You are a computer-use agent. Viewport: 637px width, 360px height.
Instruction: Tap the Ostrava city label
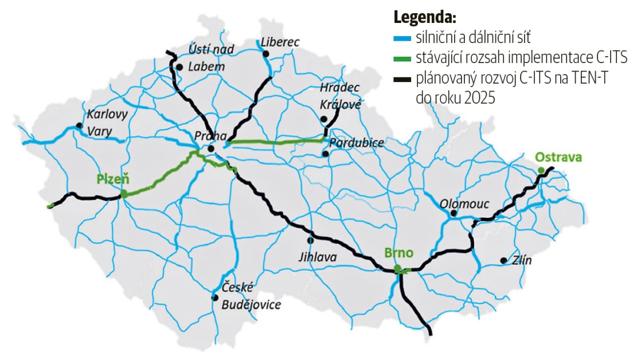point(558,156)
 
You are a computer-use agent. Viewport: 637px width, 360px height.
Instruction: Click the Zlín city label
point(522,261)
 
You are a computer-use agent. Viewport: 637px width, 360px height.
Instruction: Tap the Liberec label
point(280,41)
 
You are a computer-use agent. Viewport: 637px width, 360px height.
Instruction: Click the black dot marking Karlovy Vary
point(79,125)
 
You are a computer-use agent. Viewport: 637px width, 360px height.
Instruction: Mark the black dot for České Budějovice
point(214,298)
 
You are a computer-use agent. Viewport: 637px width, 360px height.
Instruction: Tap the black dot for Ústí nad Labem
point(179,67)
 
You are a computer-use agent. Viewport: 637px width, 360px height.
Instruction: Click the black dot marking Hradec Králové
point(323,119)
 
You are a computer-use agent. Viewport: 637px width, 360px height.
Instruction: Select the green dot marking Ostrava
point(541,170)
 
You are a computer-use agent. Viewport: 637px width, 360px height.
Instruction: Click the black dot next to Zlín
point(503,261)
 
